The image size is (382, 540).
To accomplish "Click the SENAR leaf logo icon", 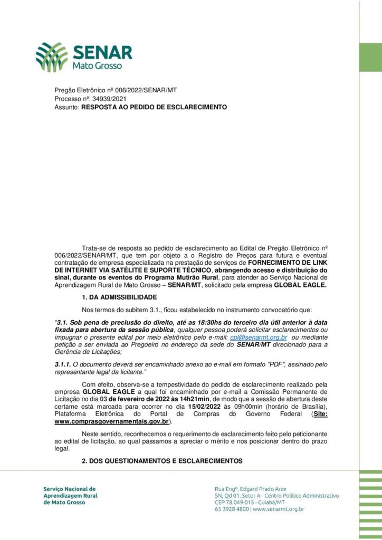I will (52, 57).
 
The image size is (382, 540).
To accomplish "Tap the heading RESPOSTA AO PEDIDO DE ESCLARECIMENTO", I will (150, 107).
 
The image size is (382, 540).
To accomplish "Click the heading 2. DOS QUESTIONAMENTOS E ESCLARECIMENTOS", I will (162, 461).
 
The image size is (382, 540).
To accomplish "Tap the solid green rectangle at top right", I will (370, 57).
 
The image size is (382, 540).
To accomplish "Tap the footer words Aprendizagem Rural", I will (70, 496).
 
